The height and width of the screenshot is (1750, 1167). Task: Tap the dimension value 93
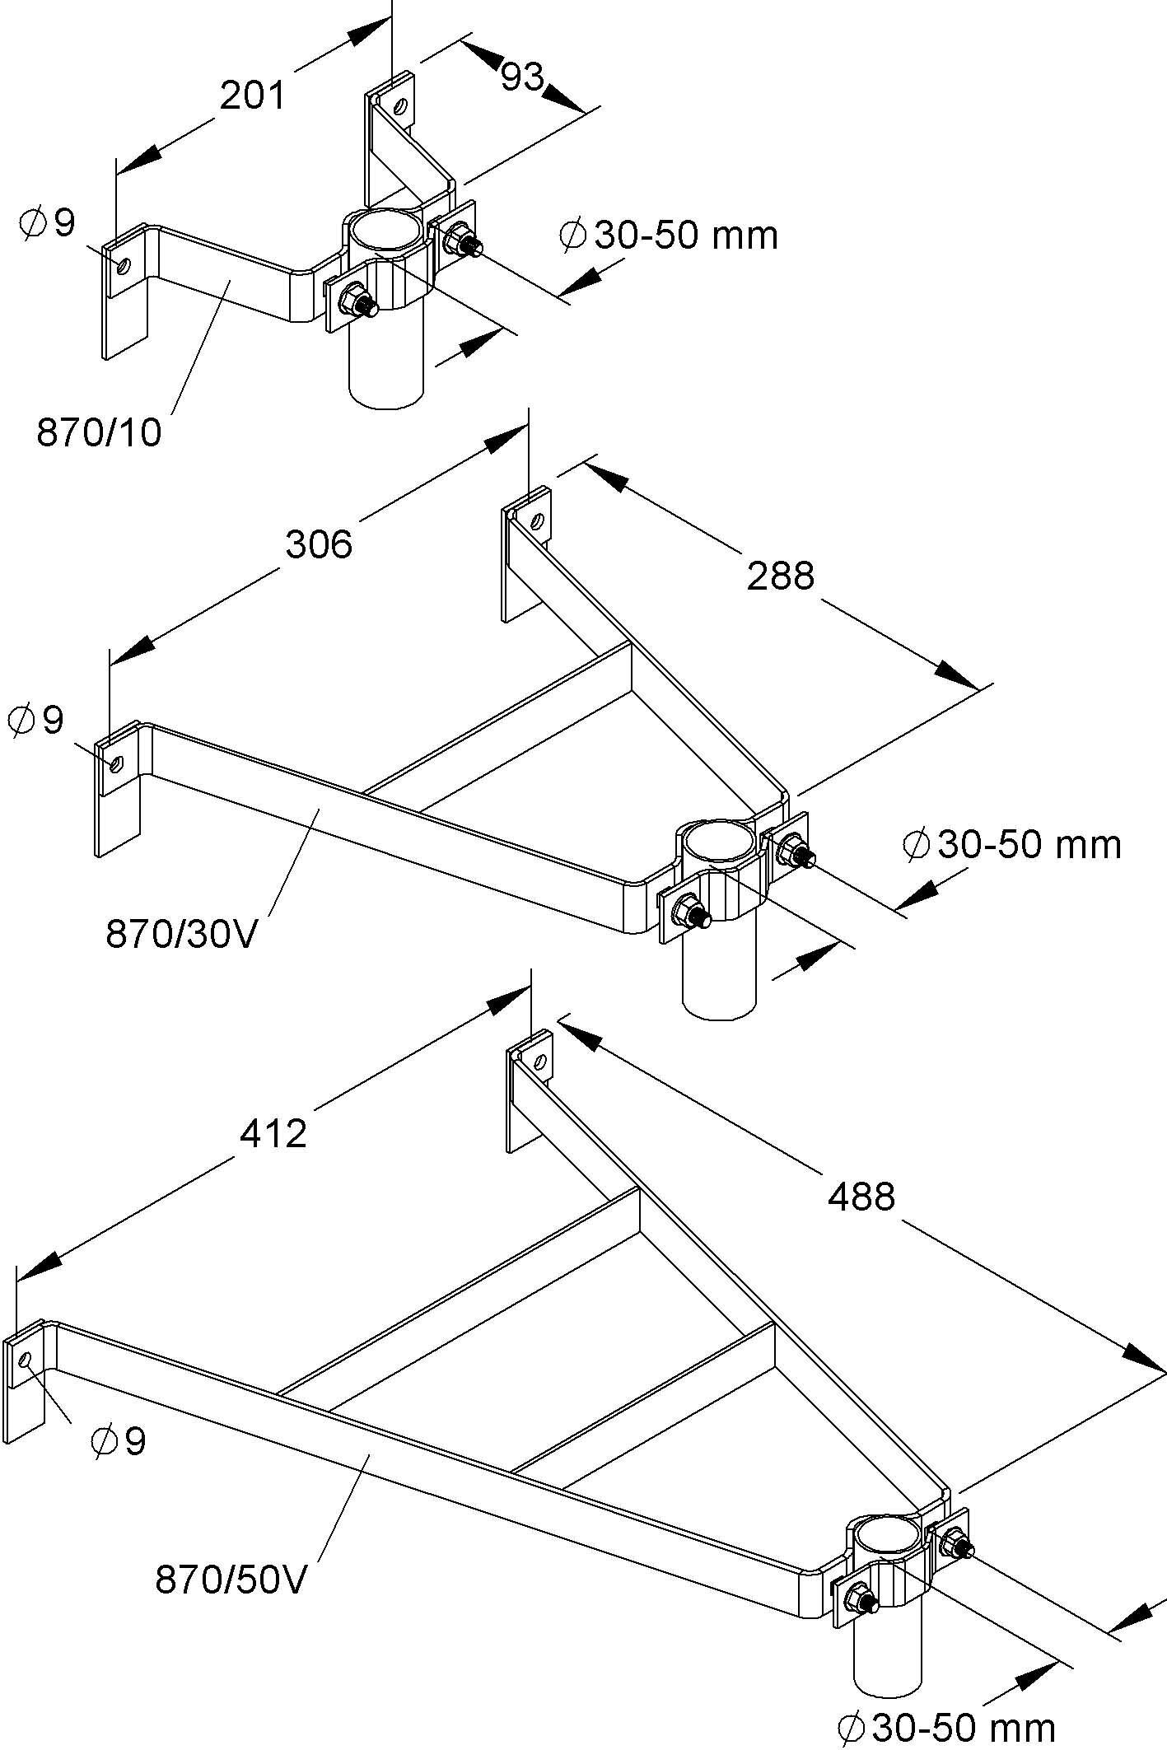(x=522, y=77)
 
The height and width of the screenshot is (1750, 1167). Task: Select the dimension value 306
(x=319, y=544)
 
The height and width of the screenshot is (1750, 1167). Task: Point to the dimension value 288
(x=780, y=576)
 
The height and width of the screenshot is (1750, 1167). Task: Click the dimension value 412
(x=273, y=1133)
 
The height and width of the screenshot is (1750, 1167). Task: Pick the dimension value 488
(x=861, y=1196)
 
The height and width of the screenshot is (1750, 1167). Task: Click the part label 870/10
(x=99, y=432)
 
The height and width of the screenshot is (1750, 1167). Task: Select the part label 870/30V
(x=181, y=934)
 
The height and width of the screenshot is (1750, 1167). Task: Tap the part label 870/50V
(x=231, y=1580)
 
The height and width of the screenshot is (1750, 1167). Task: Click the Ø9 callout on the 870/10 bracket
(x=48, y=222)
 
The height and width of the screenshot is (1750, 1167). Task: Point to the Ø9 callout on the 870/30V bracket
(x=35, y=720)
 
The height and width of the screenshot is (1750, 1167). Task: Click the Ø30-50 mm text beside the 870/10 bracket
(x=668, y=236)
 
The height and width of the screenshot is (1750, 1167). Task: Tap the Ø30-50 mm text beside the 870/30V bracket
(x=1012, y=845)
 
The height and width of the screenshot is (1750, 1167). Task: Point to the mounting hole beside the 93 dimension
(x=400, y=106)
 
